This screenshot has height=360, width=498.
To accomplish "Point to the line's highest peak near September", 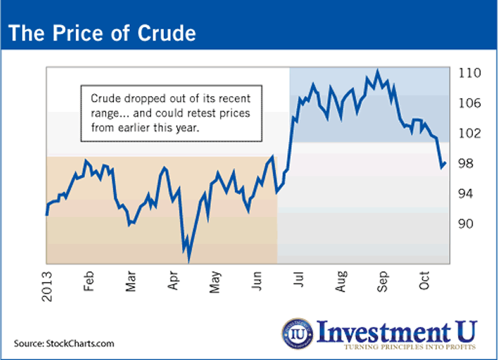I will pyautogui.click(x=377, y=70).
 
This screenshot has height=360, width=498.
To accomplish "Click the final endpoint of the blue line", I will pyautogui.click(x=445, y=163).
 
